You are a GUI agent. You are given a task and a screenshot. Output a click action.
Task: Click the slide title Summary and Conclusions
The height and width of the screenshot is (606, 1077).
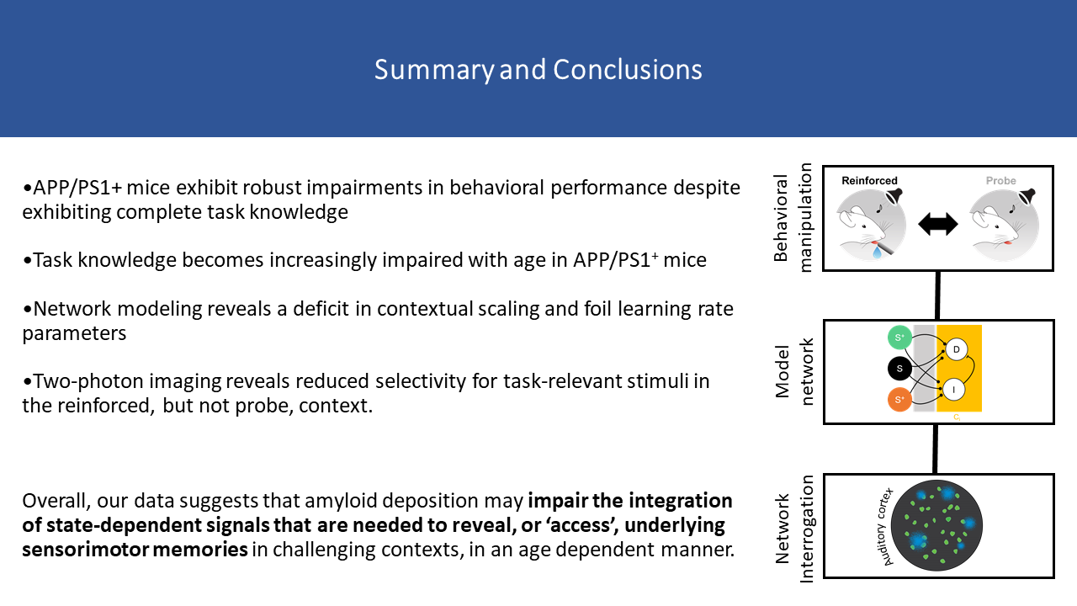538,69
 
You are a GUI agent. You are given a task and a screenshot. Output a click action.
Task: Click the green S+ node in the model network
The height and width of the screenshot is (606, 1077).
899,338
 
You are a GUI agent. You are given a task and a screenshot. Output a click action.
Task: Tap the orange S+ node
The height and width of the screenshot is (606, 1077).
899,400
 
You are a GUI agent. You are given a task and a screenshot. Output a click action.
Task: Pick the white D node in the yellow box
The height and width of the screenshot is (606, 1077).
956,349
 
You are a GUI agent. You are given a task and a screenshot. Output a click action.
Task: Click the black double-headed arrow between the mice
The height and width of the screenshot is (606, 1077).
939,224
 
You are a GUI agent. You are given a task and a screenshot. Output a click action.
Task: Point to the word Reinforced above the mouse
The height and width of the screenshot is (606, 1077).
869,180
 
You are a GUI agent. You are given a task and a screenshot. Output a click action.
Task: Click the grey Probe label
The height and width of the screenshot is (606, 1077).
1000,180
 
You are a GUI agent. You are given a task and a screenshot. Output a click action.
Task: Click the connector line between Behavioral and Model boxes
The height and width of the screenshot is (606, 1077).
938,295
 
